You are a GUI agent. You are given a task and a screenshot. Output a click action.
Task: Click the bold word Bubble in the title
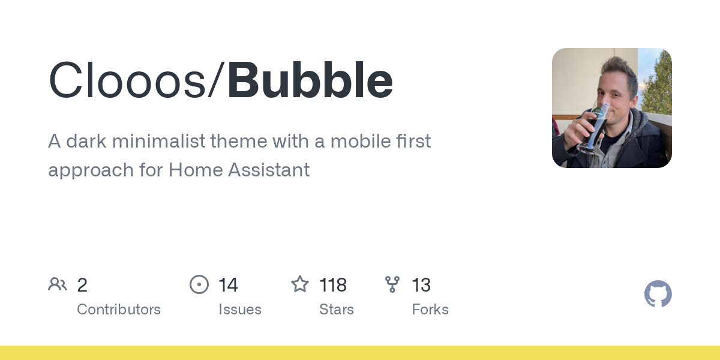click(310, 80)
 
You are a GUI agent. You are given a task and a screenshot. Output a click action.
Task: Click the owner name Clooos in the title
click(127, 80)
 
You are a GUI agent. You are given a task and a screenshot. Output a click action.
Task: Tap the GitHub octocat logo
click(658, 294)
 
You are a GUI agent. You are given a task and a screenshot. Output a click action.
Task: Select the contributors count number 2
click(82, 285)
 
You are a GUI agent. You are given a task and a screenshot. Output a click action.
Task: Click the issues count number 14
click(228, 285)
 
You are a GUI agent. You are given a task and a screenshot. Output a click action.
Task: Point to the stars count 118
click(333, 285)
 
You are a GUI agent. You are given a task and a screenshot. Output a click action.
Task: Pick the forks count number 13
click(421, 285)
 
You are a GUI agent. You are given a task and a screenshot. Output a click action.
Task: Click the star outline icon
click(300, 284)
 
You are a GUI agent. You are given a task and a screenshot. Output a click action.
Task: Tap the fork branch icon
click(392, 284)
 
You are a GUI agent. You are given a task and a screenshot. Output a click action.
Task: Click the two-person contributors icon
click(58, 284)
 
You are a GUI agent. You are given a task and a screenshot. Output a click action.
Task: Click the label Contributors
click(119, 310)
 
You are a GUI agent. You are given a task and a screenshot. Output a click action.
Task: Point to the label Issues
click(240, 310)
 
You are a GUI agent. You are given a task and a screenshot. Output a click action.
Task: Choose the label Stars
click(337, 310)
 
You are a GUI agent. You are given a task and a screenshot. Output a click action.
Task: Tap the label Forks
click(430, 310)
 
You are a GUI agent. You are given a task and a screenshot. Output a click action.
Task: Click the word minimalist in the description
click(159, 141)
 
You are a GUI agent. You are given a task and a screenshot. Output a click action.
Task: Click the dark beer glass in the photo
click(593, 128)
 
